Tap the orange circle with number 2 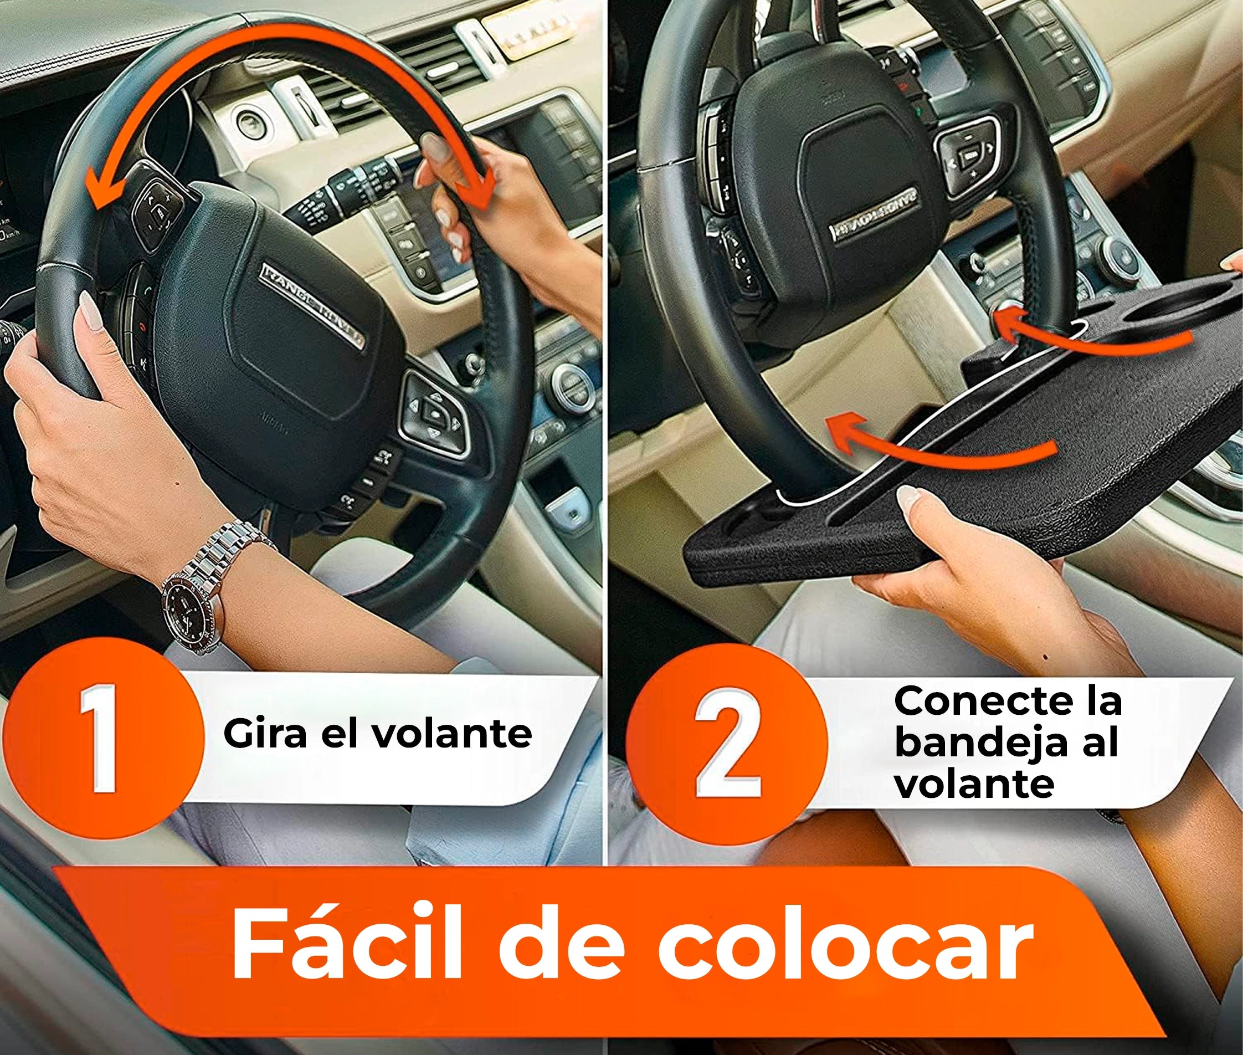click(728, 741)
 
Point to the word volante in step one click(451, 733)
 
